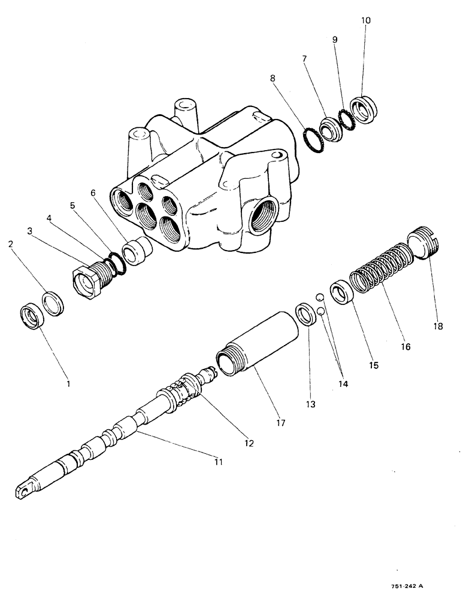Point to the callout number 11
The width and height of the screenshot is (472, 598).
pos(219,461)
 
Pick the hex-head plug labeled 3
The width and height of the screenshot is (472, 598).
pos(89,282)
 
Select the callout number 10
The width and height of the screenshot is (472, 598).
pos(367,20)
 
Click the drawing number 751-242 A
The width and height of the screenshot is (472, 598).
pos(410,587)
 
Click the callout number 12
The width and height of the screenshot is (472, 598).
pos(249,443)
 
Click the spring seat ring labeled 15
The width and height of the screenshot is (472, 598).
pos(341,292)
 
